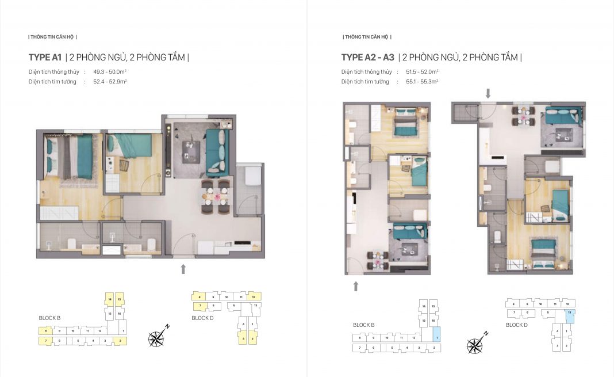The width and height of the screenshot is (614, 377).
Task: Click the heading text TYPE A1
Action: click(x=45, y=58)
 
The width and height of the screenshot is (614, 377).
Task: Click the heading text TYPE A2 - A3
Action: click(x=367, y=58)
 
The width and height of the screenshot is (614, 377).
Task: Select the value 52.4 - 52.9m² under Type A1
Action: click(x=110, y=82)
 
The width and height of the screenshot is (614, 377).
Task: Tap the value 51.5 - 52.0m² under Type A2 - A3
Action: click(x=422, y=72)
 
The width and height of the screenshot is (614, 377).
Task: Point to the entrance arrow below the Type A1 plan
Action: click(x=183, y=268)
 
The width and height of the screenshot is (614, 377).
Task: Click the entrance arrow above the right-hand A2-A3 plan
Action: click(x=488, y=93)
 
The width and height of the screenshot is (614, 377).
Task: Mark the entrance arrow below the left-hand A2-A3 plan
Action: click(x=356, y=286)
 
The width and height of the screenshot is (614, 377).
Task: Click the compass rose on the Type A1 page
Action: click(x=156, y=338)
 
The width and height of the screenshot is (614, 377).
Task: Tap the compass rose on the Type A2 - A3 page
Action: click(x=475, y=345)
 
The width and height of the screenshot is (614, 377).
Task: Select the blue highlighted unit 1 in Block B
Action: click(x=436, y=334)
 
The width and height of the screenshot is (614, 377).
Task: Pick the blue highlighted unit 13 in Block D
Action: click(x=569, y=315)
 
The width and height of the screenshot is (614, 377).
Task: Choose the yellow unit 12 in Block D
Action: click(x=254, y=296)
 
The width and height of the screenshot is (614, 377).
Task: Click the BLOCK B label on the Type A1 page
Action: click(x=49, y=318)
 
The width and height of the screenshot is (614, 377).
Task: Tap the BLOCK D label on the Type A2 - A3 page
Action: click(x=517, y=325)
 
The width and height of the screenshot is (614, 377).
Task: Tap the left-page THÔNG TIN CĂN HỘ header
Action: click(x=52, y=37)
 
